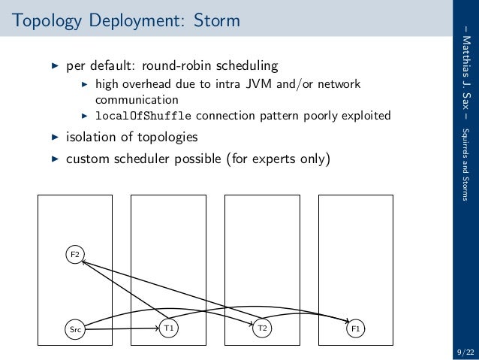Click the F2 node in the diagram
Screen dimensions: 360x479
point(74,255)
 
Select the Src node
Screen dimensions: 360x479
point(74,328)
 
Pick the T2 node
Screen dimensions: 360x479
point(262,328)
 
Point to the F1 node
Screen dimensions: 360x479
point(356,328)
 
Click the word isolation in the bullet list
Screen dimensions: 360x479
point(92,138)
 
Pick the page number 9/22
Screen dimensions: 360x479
point(464,352)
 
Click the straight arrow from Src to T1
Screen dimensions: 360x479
point(120,328)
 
